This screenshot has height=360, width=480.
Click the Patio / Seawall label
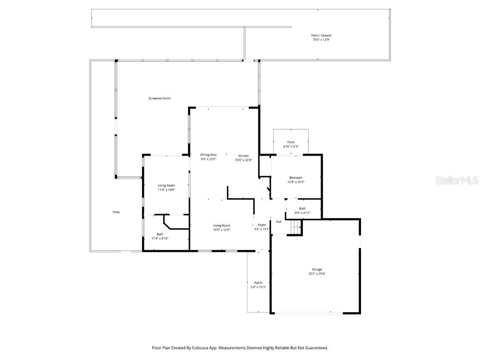tap(318, 35)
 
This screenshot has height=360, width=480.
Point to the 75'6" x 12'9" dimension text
tap(318, 40)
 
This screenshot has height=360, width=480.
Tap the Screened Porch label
tap(159, 98)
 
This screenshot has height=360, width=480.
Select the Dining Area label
tap(208, 155)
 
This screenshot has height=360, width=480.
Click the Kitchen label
tap(243, 156)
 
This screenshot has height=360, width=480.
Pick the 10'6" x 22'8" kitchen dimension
tap(243, 160)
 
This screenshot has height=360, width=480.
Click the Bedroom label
tap(296, 178)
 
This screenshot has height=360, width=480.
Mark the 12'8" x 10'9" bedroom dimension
tap(296, 182)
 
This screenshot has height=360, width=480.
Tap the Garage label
tap(317, 269)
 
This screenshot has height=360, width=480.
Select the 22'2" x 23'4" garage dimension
tap(317, 273)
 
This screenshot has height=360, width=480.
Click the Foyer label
tap(262, 225)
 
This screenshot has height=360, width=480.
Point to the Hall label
tap(278, 222)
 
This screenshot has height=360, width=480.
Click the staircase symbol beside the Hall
tap(295, 228)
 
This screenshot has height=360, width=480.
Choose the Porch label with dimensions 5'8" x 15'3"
tap(258, 283)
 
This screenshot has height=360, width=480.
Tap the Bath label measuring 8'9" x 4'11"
tap(302, 208)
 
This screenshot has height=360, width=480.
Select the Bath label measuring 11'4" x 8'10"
tap(160, 234)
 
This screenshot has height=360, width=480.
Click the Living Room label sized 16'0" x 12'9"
tap(222, 225)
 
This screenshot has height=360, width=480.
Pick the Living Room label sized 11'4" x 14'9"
tap(166, 185)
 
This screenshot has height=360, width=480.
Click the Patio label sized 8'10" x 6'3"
tap(291, 142)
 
